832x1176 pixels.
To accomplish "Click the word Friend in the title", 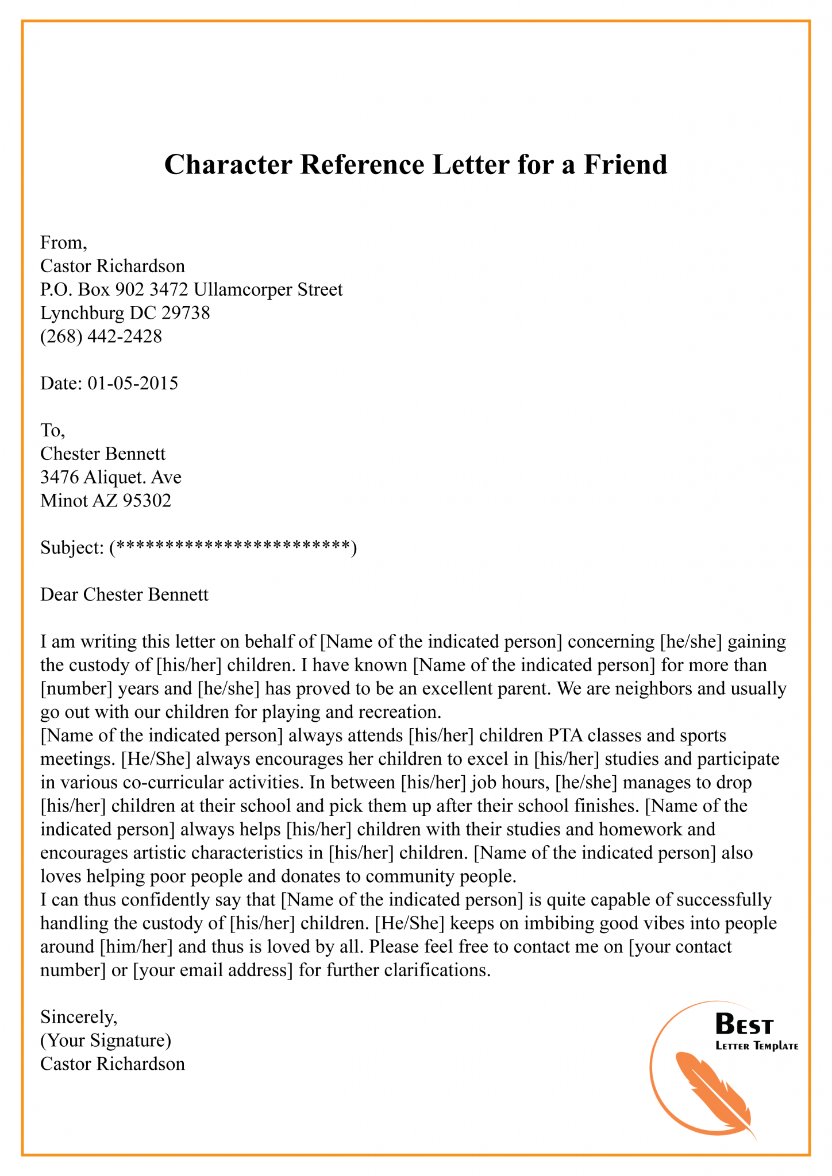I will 626,165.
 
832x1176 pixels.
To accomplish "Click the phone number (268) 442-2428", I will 101,336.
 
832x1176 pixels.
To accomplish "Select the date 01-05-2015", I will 133,383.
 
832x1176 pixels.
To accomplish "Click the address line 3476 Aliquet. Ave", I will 111,477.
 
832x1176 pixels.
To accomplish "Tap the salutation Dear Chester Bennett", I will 124,594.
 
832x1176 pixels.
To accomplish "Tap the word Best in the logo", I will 744,1026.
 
